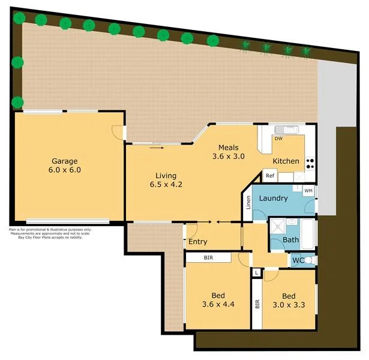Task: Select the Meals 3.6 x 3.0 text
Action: click(x=229, y=152)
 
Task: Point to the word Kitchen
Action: click(x=286, y=161)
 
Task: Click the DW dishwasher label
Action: click(x=278, y=139)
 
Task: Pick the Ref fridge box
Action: click(x=271, y=176)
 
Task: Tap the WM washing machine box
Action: click(x=308, y=191)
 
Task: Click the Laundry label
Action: click(x=273, y=198)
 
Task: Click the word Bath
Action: click(x=291, y=241)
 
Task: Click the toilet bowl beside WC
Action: click(x=310, y=260)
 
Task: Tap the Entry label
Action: click(x=198, y=242)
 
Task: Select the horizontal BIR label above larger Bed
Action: click(x=208, y=257)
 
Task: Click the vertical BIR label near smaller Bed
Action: click(x=257, y=304)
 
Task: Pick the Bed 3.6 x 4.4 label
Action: click(x=218, y=299)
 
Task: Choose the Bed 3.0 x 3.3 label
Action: click(x=289, y=299)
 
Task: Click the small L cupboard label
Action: click(x=257, y=273)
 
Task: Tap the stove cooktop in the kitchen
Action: click(x=310, y=162)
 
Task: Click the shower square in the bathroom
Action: click(x=278, y=227)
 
